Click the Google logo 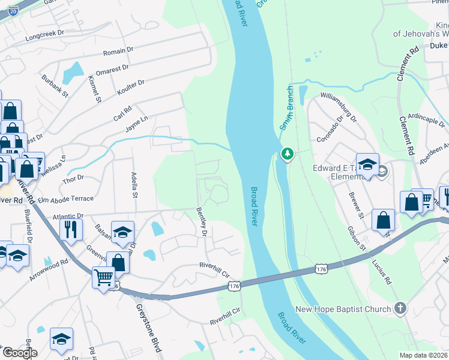pos(20,353)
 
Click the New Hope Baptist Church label pos(343,310)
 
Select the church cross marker pos(400,310)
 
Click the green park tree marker pos(288,154)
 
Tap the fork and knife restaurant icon pos(71,229)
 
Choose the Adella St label pos(134,185)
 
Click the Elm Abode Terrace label pos(66,199)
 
